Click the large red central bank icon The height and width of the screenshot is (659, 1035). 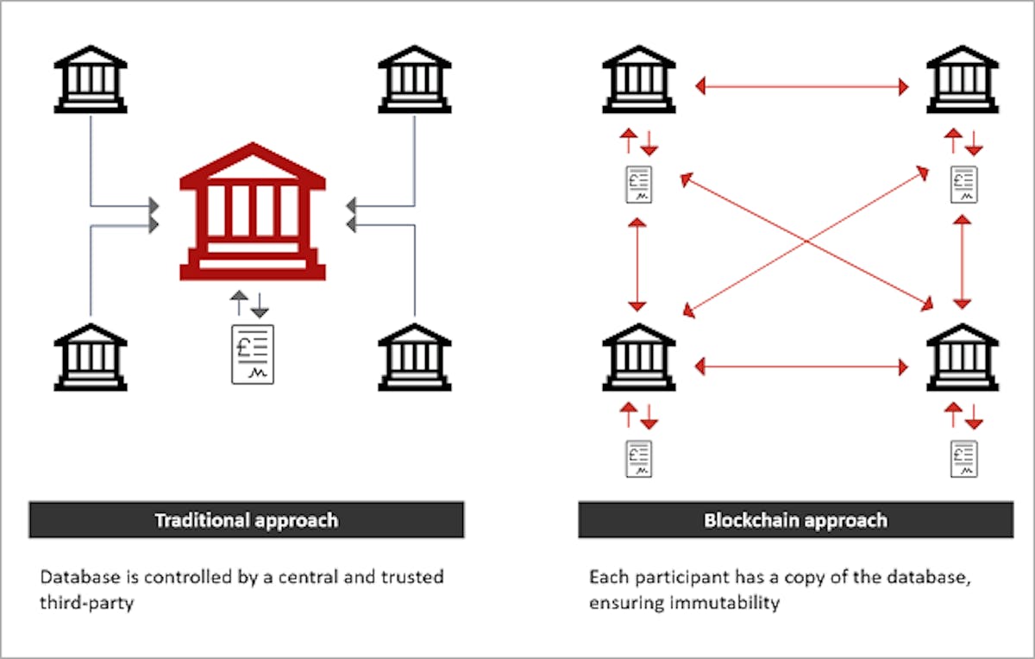[253, 211]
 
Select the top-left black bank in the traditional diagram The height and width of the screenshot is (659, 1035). [91, 79]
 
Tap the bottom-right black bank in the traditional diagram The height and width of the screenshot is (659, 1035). [415, 357]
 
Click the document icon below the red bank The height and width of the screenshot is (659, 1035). [253, 355]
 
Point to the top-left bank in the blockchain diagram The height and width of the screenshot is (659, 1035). [639, 79]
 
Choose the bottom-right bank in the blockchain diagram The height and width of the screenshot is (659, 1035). [963, 357]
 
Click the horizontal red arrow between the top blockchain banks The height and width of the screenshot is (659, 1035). [801, 86]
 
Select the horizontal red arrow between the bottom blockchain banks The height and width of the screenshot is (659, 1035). [801, 367]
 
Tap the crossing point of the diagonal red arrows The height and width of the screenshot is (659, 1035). [806, 242]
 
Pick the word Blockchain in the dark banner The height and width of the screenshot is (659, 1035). [752, 520]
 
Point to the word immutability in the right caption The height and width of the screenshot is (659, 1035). [724, 603]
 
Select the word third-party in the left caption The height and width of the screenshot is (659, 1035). [87, 603]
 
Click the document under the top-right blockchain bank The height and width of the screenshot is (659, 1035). [964, 185]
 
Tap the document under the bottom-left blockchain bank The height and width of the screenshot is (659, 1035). [639, 459]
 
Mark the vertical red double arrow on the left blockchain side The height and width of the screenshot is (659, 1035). [637, 264]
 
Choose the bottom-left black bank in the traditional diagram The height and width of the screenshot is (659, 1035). [91, 357]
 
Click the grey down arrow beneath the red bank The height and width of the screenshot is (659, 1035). [260, 305]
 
